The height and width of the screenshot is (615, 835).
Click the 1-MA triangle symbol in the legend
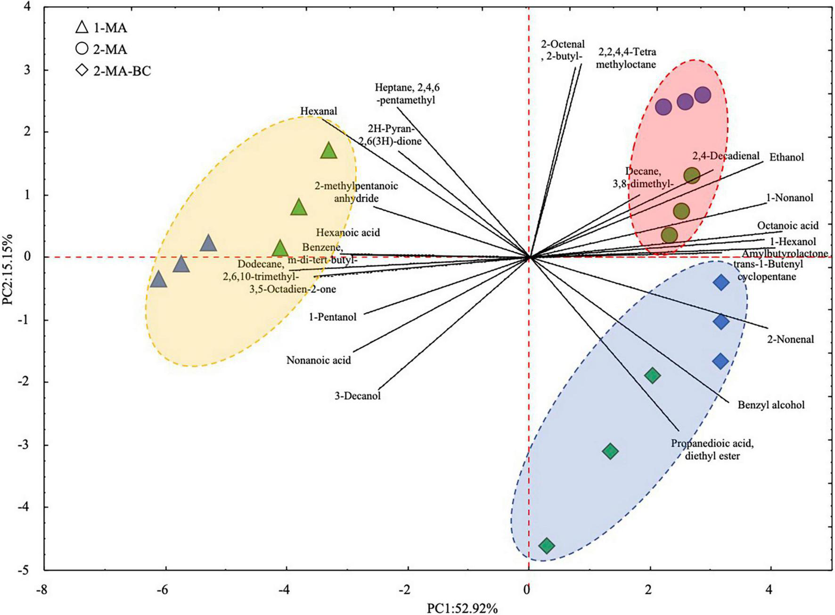82,27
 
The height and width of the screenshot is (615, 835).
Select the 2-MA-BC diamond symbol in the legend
82,71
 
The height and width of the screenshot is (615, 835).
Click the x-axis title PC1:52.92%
462,608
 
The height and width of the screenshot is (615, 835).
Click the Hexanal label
319,111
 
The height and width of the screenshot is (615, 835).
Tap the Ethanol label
786,157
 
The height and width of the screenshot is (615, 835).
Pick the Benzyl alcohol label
771,404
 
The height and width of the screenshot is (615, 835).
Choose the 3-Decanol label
358,395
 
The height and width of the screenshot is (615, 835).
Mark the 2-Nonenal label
790,339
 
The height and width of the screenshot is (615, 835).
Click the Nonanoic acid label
319,361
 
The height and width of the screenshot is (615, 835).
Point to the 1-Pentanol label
333,317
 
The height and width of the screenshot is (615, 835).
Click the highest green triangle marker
329,151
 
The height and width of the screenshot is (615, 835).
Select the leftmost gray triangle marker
159,280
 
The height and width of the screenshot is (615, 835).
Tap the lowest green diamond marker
547,546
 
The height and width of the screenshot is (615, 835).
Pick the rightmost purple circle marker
702,95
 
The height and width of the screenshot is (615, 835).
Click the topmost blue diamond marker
721,283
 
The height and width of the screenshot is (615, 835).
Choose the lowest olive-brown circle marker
669,235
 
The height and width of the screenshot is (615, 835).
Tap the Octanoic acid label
788,226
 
